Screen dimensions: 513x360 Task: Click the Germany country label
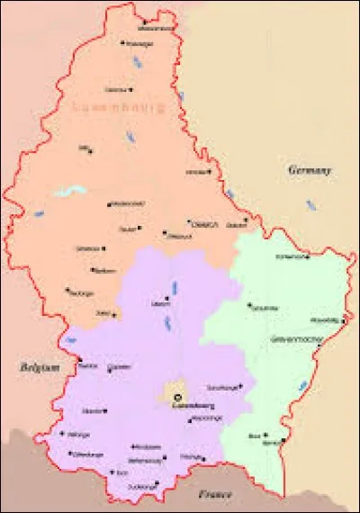tap(310, 169)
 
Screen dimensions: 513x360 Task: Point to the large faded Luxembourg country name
tap(117, 107)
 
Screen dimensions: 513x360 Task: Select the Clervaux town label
tap(114, 90)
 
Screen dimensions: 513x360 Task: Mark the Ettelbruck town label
tap(178, 236)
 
